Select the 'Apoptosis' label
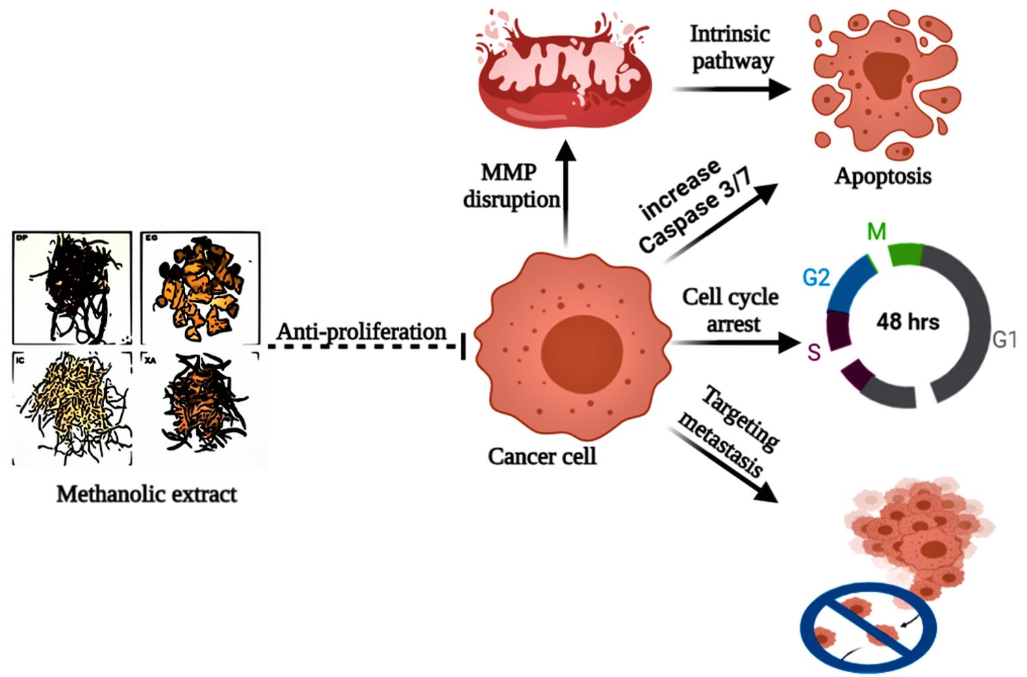(883, 176)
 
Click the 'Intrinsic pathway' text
(731, 47)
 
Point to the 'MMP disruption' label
(511, 186)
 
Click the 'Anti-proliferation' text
(361, 331)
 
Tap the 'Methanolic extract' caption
(147, 494)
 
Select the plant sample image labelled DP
(72, 288)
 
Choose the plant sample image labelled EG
(200, 288)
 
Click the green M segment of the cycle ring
(905, 254)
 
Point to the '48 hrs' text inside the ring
(908, 321)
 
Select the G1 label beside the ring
(1004, 339)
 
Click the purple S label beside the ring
(813, 353)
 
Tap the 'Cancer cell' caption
(542, 456)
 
